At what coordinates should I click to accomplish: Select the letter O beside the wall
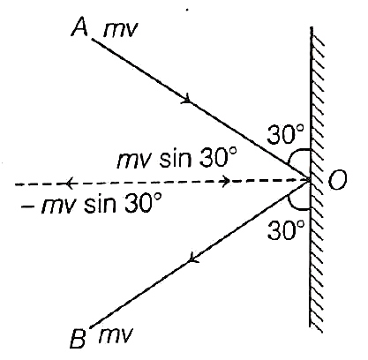[x=337, y=180]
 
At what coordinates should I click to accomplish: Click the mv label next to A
[x=120, y=30]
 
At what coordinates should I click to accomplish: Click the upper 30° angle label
[x=285, y=134]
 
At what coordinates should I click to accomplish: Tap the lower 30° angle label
[x=285, y=230]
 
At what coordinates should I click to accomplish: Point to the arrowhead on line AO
[x=187, y=99]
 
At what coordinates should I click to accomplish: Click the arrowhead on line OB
[x=192, y=258]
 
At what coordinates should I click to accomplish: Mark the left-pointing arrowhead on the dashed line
[x=69, y=184]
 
